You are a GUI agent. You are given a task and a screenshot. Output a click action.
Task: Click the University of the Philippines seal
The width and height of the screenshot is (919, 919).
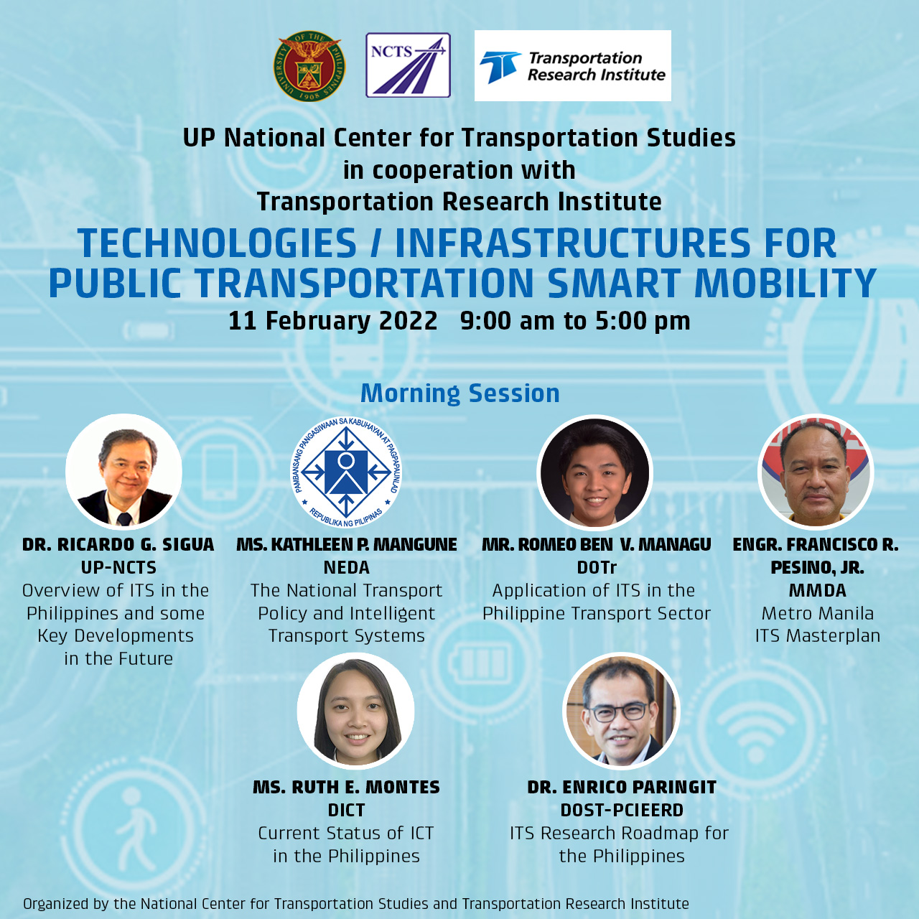point(309,66)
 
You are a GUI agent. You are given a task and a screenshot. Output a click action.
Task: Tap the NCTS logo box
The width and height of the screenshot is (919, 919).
point(408,65)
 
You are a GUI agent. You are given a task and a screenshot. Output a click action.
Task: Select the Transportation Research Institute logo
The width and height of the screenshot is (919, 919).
point(572,66)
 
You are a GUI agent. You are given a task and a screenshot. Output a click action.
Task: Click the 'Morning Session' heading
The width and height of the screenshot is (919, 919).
point(459,393)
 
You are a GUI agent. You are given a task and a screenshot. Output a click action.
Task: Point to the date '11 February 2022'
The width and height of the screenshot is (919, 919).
point(333,320)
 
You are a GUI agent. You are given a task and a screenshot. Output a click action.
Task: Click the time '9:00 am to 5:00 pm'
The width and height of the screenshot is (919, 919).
point(575,320)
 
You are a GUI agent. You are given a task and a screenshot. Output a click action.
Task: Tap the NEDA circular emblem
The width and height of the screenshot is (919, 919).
point(346,472)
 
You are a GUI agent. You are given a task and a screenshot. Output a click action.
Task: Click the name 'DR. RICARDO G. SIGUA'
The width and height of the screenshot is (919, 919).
point(118,544)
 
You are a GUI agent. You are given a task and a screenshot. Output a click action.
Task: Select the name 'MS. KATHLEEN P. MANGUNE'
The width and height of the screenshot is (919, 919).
point(347,544)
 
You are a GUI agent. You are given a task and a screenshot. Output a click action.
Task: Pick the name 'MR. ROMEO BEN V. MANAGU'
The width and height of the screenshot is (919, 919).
point(596,544)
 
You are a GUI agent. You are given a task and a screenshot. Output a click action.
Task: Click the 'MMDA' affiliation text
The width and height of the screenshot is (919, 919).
point(818,590)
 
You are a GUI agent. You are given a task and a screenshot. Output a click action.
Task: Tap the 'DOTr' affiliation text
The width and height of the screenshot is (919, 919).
point(597,567)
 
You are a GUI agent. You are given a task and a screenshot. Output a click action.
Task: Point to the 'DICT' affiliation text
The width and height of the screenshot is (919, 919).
point(346,811)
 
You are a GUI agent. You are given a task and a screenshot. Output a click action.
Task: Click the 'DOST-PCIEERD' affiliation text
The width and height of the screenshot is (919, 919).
point(622,811)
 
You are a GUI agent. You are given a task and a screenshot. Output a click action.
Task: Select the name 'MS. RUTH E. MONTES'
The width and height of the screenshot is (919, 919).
point(346,787)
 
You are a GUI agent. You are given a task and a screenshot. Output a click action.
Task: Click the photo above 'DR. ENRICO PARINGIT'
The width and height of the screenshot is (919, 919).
point(621,711)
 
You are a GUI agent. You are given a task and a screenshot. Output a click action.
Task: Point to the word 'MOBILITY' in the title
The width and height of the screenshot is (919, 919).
point(785,284)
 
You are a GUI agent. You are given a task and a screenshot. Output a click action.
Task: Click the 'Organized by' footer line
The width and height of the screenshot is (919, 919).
point(356,903)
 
